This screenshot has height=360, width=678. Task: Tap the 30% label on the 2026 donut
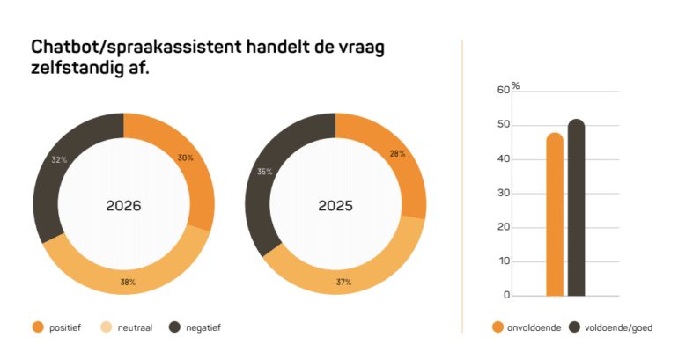pyautogui.click(x=185, y=158)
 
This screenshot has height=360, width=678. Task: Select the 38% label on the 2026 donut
pyautogui.click(x=128, y=283)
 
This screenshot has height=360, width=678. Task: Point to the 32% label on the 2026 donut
pyautogui.click(x=59, y=161)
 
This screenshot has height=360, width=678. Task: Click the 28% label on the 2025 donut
pyautogui.click(x=396, y=154)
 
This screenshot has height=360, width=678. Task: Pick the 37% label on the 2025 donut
pyautogui.click(x=343, y=283)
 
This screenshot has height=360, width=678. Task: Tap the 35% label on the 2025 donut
pyautogui.click(x=263, y=173)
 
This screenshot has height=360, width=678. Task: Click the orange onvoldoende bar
pyautogui.click(x=554, y=215)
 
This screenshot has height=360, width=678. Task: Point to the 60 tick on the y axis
pyautogui.click(x=503, y=90)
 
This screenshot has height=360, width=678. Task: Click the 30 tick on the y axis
pyautogui.click(x=503, y=193)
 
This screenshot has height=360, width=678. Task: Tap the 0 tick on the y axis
pyautogui.click(x=505, y=296)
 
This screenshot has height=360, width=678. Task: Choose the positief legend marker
pyautogui.click(x=38, y=327)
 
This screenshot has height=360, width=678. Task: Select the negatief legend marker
pyautogui.click(x=174, y=327)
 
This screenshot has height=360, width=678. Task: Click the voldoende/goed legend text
pyautogui.click(x=617, y=327)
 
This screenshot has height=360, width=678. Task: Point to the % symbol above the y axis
pyautogui.click(x=516, y=86)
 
